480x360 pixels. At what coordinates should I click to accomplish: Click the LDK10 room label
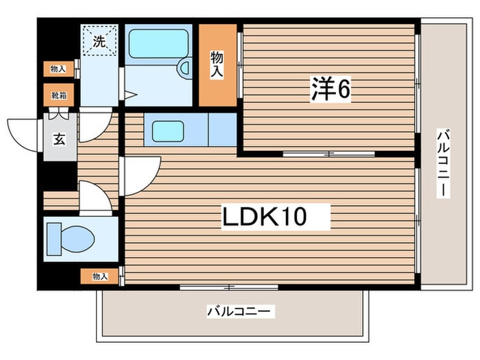265,217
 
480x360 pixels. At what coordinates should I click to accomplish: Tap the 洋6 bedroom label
331,89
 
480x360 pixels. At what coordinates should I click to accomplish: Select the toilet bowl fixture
77,239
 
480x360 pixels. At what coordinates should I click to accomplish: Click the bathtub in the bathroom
158,44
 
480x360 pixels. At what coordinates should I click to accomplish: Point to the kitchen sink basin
168,131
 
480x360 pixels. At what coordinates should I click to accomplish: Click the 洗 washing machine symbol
99,40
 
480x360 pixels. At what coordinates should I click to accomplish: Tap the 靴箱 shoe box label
59,95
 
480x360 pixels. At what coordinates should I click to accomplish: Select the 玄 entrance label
60,139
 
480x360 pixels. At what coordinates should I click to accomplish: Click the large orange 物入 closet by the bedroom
217,65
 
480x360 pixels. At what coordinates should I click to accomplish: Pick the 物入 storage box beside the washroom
58,69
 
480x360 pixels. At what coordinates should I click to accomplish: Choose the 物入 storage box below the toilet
100,277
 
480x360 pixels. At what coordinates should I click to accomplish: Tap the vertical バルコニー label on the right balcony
443,163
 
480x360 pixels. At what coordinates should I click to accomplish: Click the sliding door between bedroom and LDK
328,154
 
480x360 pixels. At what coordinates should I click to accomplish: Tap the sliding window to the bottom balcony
228,287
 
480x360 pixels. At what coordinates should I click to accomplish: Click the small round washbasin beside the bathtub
184,68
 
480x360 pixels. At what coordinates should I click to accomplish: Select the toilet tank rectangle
54,239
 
